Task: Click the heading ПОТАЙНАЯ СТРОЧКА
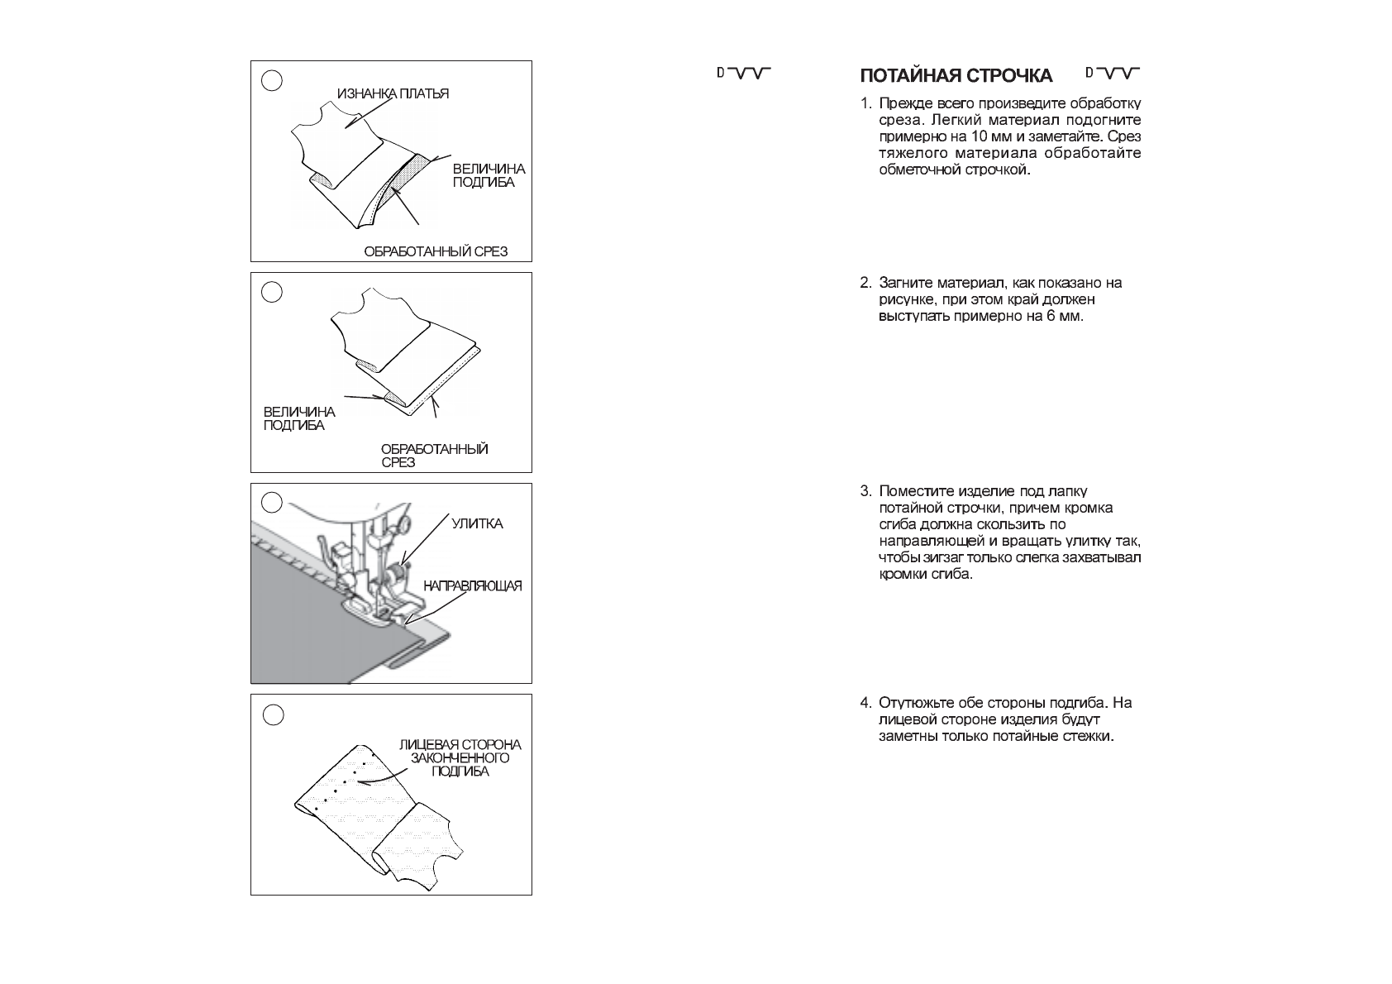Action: point(956,77)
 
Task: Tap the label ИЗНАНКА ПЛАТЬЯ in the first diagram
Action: point(393,93)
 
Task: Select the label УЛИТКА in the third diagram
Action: point(477,524)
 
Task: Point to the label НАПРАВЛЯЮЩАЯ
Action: point(473,586)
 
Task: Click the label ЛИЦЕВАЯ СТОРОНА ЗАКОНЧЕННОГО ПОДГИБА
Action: point(460,758)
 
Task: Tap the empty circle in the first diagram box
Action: point(272,80)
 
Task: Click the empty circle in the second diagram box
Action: point(272,292)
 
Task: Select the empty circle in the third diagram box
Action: point(272,503)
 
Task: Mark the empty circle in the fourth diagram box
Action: point(272,714)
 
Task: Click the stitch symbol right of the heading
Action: point(1113,74)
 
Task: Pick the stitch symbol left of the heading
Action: point(743,74)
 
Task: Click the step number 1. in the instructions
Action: point(865,104)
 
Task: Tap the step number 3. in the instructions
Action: point(865,491)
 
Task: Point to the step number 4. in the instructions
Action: point(865,703)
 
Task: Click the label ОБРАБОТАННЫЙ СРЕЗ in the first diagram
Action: point(436,251)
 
